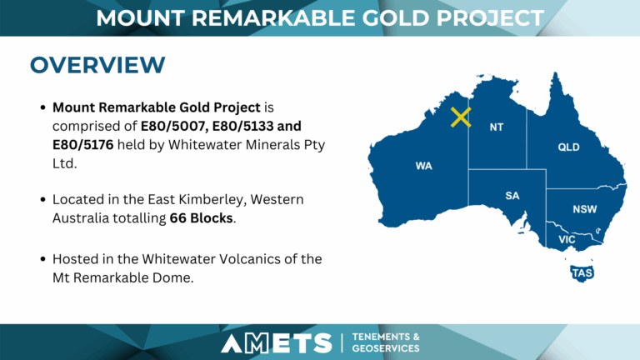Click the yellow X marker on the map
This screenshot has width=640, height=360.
click(461, 117)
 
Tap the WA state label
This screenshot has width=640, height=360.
click(423, 166)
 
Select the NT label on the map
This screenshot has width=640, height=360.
click(497, 127)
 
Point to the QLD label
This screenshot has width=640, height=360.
click(568, 147)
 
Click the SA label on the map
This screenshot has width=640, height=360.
click(512, 196)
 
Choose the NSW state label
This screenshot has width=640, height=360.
click(584, 209)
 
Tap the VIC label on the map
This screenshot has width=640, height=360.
click(567, 239)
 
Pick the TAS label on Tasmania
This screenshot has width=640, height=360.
click(582, 273)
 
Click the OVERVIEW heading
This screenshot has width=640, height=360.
click(97, 65)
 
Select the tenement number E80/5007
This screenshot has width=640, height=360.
click(174, 126)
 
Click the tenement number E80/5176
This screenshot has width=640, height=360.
click(82, 144)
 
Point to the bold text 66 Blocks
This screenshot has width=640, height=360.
click(201, 218)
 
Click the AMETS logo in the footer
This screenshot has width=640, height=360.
click(277, 342)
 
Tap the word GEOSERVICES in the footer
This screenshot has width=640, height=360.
click(386, 348)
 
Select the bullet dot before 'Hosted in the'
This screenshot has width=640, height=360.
click(42, 259)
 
